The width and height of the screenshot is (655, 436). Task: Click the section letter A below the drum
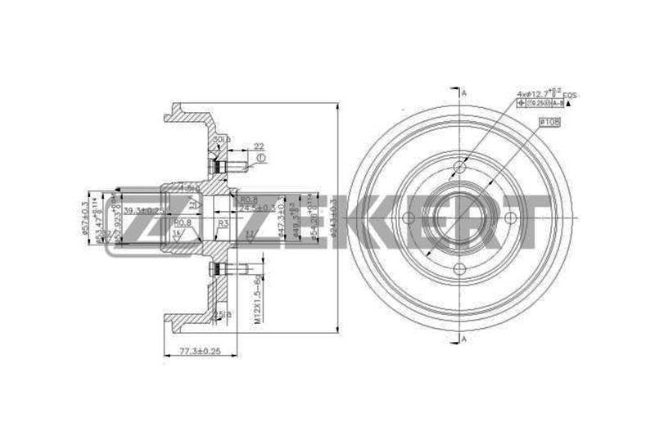[464, 339]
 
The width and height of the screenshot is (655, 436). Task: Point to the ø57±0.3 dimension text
[85, 217]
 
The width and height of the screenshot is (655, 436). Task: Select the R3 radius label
[223, 222]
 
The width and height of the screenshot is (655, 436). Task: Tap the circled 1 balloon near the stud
[260, 157]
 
